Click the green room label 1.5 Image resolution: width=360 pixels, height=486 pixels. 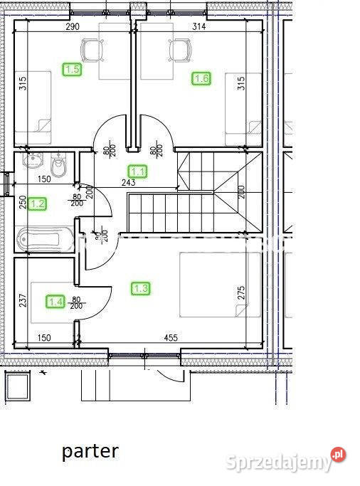pyautogui.click(x=72, y=69)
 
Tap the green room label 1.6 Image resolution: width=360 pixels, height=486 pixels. pyautogui.click(x=201, y=78)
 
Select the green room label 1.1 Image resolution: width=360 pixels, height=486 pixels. pyautogui.click(x=137, y=171)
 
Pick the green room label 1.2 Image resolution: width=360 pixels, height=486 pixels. pyautogui.click(x=38, y=204)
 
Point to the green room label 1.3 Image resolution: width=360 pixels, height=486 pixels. pyautogui.click(x=141, y=288)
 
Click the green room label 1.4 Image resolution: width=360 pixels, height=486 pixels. pyautogui.click(x=55, y=302)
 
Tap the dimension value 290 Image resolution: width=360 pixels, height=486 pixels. pyautogui.click(x=72, y=26)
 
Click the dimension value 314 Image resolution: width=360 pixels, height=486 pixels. pyautogui.click(x=198, y=26)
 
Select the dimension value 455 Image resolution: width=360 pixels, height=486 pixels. pyautogui.click(x=170, y=338)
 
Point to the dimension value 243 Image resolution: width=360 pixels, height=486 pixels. pyautogui.click(x=129, y=183)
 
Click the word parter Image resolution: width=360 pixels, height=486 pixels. pyautogui.click(x=90, y=450)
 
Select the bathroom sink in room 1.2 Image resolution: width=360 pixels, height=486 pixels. pyautogui.click(x=34, y=161)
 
